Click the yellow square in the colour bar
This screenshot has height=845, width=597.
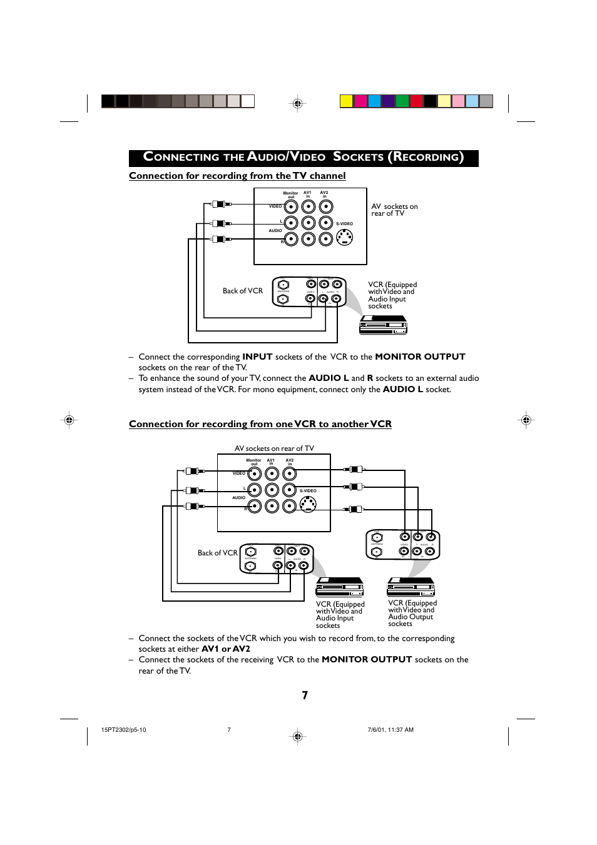(x=346, y=101)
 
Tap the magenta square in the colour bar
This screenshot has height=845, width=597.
(x=360, y=101)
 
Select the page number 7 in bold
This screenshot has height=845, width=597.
(x=305, y=695)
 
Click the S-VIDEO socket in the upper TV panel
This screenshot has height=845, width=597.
(x=345, y=237)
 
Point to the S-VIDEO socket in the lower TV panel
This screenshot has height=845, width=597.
(x=308, y=504)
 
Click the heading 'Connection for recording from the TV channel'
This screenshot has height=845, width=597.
(x=237, y=176)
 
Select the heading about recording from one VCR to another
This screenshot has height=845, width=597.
(x=260, y=424)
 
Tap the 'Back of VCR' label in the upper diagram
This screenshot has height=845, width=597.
(x=243, y=291)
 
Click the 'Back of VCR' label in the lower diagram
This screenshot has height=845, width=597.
(x=218, y=553)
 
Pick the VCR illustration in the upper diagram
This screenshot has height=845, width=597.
(x=383, y=325)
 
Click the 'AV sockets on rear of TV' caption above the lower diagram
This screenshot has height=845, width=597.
(x=274, y=448)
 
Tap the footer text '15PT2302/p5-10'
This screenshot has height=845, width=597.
(x=123, y=730)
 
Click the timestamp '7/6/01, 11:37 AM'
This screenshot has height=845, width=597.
(x=390, y=730)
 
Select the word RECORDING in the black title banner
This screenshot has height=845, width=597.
(x=426, y=158)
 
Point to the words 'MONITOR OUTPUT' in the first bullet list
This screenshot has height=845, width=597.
(x=420, y=357)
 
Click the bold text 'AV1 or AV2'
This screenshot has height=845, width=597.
(x=225, y=649)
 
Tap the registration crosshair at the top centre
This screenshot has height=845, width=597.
(x=298, y=103)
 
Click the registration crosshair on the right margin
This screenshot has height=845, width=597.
(x=526, y=420)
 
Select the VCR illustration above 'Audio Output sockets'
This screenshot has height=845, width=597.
(x=411, y=587)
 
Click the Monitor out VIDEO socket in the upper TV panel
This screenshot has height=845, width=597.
(x=291, y=206)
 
